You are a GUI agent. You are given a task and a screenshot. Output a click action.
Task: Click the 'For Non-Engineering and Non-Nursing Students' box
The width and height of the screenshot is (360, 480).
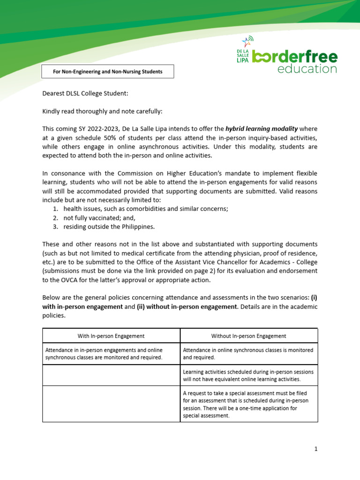[108, 72]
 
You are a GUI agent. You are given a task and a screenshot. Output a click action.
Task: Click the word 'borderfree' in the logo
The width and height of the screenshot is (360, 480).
[295, 56]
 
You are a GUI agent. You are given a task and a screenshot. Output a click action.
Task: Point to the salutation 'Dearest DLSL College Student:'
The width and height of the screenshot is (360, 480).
[85, 93]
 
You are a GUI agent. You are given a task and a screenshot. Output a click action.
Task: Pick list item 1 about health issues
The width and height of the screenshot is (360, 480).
[145, 209]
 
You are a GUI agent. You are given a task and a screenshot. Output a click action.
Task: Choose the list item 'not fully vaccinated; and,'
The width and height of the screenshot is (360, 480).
[100, 218]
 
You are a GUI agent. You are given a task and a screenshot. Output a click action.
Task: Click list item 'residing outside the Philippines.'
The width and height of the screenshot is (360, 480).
[109, 227]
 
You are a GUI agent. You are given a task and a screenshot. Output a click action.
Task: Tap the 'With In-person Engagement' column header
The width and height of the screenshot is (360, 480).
[111, 336]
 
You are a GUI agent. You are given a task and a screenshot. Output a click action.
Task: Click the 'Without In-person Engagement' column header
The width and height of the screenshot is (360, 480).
[249, 336]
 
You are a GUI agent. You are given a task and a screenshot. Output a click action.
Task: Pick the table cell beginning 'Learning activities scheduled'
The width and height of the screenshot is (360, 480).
[248, 375]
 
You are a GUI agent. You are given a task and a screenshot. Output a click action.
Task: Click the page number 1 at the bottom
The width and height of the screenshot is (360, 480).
[316, 449]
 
